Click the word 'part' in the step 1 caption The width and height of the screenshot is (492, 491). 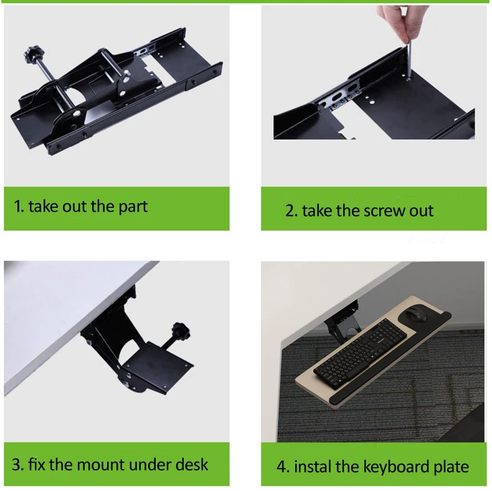tap(133, 207)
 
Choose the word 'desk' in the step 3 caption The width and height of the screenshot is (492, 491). tap(191, 465)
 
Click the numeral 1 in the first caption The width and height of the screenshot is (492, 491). tap(17, 207)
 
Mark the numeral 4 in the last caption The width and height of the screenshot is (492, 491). tap(281, 467)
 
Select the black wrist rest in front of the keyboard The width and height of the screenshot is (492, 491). tap(390, 361)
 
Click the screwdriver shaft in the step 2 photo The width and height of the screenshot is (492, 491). tap(409, 60)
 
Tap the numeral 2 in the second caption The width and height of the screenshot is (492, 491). tap(290, 211)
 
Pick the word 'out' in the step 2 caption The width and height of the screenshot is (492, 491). tap(422, 212)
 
